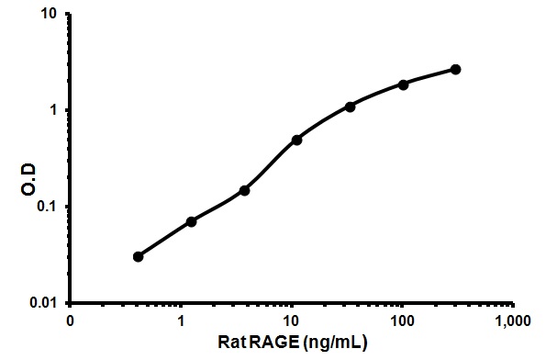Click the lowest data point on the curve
coord(138,256)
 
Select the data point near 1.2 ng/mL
coord(191,221)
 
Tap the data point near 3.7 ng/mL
coord(244,190)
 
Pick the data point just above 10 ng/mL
coord(297,140)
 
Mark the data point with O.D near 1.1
coord(351,107)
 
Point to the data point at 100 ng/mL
coord(403,84)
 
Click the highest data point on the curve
coord(456,69)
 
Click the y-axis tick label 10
coord(51,15)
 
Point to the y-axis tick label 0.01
coord(46,302)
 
